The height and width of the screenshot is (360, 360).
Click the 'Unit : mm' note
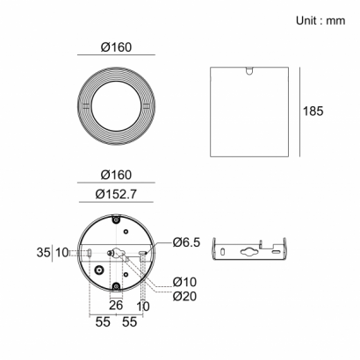320,20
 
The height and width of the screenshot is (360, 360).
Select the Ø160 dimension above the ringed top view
116,47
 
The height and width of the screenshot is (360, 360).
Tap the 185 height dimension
313,112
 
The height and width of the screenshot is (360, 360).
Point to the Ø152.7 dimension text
116,194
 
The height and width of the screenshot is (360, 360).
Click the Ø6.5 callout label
186,242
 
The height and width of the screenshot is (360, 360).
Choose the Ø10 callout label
184,282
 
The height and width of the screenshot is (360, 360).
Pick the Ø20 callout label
184,296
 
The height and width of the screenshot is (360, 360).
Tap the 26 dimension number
116,306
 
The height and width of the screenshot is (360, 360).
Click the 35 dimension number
43,252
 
